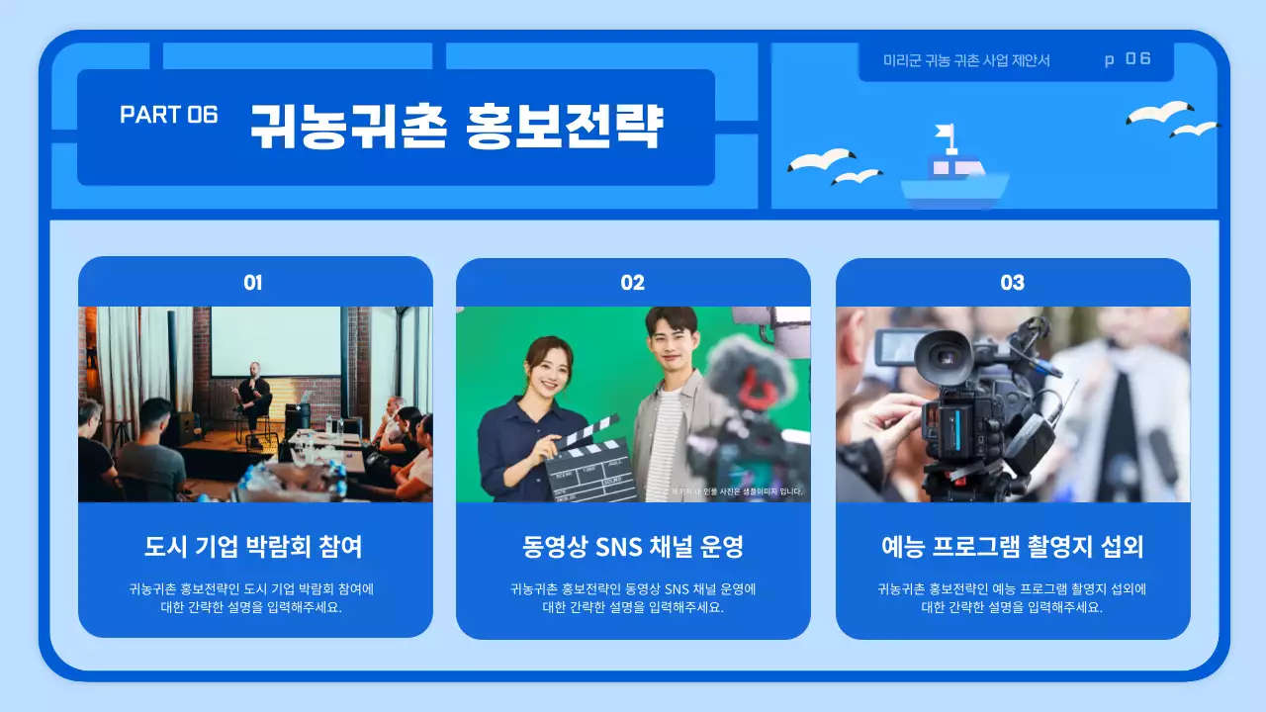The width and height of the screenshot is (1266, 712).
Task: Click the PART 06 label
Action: click(168, 115)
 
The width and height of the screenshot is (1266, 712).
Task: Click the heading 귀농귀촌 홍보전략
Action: click(456, 126)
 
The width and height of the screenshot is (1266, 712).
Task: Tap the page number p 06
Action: click(1128, 59)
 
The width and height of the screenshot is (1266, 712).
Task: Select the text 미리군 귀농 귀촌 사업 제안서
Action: click(966, 60)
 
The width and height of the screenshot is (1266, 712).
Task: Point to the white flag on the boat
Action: click(946, 132)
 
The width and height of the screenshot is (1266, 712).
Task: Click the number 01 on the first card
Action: click(253, 283)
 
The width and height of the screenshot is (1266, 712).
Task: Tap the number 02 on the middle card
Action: click(633, 283)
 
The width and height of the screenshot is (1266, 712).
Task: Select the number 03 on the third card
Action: click(1012, 283)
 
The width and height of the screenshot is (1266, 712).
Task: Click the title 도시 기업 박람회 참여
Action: click(253, 546)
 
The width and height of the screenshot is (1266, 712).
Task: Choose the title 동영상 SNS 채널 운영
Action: click(633, 546)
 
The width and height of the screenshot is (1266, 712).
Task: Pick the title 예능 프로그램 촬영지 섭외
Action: click(1012, 546)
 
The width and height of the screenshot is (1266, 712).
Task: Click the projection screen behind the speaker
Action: click(276, 341)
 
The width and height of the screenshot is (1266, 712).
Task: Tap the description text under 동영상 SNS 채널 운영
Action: click(633, 598)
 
